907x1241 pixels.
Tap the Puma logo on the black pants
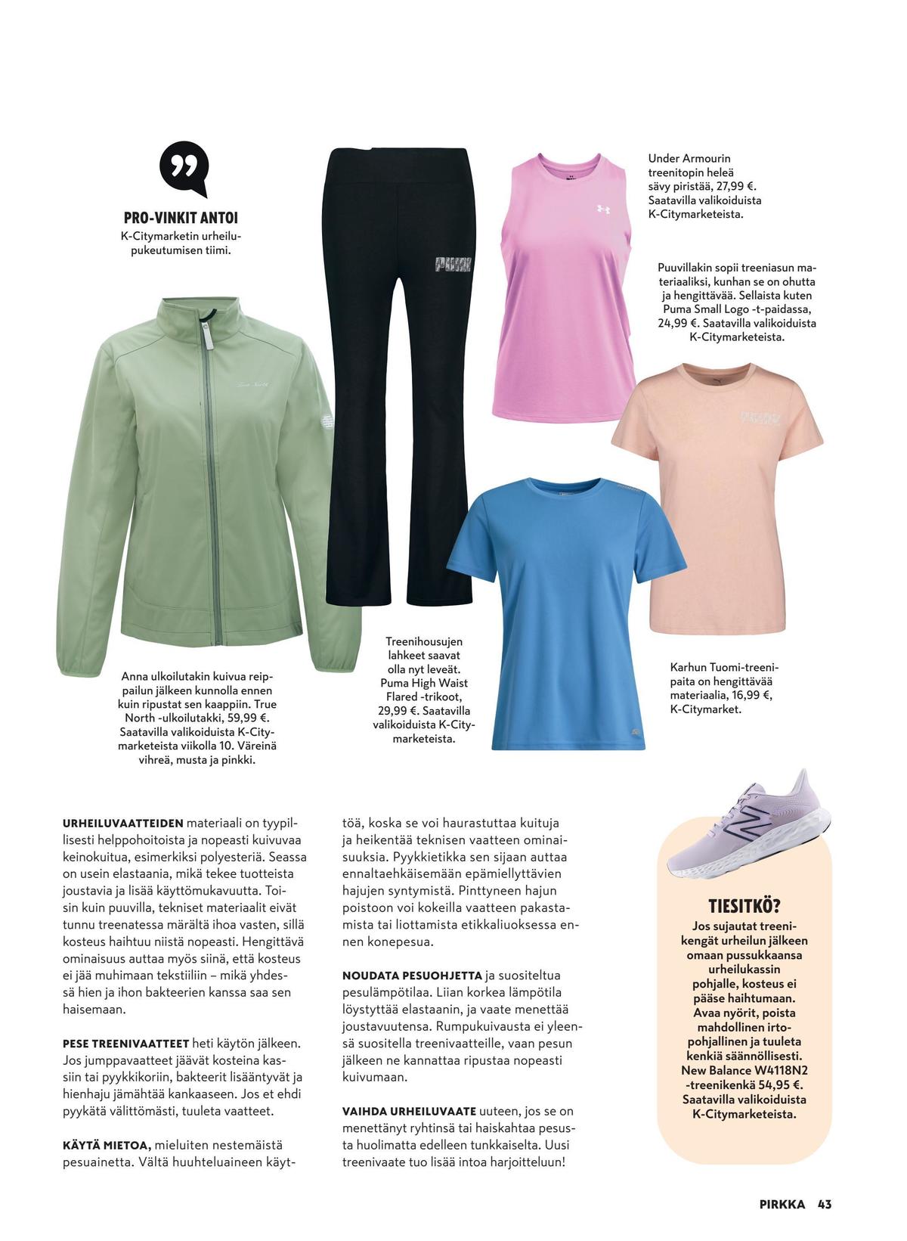point(452,264)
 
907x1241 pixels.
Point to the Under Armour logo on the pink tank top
point(603,209)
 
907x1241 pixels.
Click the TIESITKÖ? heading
point(744,905)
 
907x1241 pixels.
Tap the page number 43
point(824,1204)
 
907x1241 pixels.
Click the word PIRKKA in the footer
point(782,1204)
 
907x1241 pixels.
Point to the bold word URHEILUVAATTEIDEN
point(123,823)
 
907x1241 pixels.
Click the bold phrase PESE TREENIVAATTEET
point(125,1044)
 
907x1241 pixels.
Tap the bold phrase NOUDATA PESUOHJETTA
point(412,976)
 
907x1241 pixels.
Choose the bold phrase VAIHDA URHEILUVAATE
point(409,1112)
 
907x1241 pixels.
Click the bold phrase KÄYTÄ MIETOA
point(107,1146)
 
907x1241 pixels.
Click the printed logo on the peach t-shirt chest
point(759,417)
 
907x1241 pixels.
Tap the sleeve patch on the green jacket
point(323,420)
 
